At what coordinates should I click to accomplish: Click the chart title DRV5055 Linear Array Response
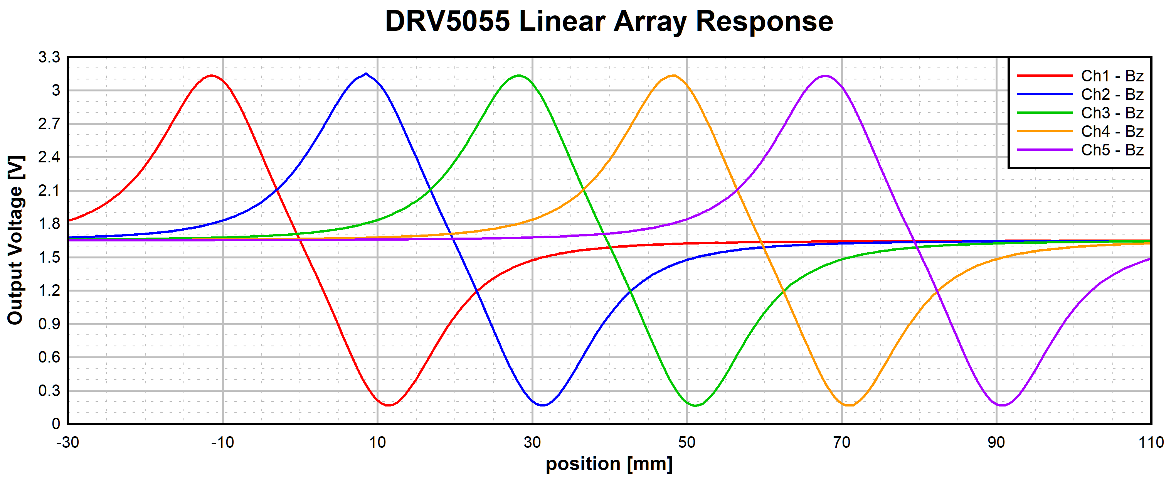point(609,22)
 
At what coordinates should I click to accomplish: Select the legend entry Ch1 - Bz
point(1112,76)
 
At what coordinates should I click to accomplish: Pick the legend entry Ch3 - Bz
point(1112,113)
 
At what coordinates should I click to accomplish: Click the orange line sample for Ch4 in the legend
point(1045,132)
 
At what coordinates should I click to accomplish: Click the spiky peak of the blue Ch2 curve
point(366,74)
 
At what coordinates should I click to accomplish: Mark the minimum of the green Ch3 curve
point(695,405)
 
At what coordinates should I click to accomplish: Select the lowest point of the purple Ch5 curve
point(1002,405)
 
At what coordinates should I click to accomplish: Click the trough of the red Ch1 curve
point(389,405)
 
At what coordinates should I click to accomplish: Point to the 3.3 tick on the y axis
point(49,57)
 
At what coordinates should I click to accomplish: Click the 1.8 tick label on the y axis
point(49,224)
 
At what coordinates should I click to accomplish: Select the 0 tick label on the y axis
point(56,424)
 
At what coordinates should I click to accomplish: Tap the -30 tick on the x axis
point(67,442)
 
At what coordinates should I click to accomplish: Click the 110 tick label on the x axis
point(1151,442)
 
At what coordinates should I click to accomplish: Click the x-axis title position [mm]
point(609,464)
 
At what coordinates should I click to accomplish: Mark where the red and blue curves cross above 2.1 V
point(277,189)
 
